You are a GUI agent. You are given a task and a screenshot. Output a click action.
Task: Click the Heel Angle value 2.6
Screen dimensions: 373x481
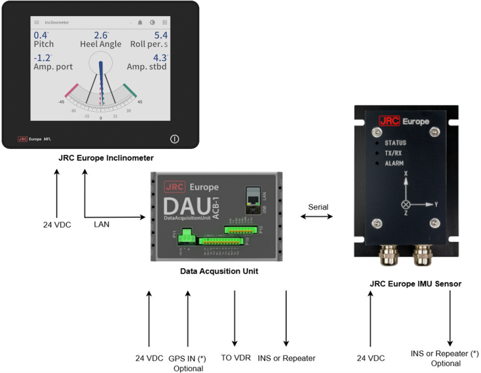tap(100, 36)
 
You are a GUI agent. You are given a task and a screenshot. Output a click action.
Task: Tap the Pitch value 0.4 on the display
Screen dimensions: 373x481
tap(40, 36)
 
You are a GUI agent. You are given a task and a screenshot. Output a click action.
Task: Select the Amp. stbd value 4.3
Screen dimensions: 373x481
tap(159, 58)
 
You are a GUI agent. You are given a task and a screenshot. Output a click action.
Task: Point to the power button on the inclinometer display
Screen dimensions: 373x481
tap(175, 139)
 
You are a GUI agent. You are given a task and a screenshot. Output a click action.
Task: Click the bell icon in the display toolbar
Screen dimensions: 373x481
tap(140, 22)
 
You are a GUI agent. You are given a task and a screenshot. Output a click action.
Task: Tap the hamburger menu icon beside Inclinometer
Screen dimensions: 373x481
tap(37, 22)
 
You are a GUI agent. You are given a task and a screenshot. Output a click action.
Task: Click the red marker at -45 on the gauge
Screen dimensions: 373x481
tap(72, 91)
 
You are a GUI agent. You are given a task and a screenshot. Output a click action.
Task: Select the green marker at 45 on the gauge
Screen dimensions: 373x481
tap(130, 91)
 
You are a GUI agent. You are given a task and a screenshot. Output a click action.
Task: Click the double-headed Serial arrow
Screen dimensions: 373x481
tap(317, 217)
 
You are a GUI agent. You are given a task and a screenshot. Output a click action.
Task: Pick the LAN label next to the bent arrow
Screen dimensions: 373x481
tap(102, 224)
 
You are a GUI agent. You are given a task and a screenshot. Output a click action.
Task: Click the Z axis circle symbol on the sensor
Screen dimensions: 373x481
tap(406, 204)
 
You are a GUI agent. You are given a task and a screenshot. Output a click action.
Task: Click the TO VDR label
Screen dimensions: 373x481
tap(235, 358)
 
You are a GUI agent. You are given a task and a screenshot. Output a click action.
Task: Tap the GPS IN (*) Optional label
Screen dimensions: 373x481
tap(187, 363)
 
